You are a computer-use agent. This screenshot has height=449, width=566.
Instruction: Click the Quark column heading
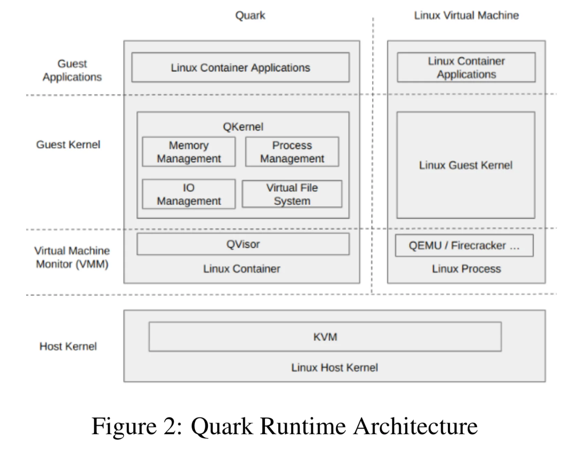(250, 15)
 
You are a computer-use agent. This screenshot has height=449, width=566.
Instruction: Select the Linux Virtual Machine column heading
(466, 15)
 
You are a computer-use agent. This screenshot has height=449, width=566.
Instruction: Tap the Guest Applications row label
(72, 70)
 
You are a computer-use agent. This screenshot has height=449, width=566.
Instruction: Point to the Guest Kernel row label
(68, 145)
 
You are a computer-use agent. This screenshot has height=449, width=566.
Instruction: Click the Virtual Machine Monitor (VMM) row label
(72, 258)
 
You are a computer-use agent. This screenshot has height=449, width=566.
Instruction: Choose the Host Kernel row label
(68, 346)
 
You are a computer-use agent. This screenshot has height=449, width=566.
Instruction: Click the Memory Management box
(189, 152)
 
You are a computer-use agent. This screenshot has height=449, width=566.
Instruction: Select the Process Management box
(292, 152)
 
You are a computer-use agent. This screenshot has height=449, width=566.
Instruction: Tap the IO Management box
(189, 194)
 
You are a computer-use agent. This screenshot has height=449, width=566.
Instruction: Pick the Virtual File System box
(292, 194)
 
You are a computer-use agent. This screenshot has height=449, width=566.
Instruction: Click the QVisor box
(243, 244)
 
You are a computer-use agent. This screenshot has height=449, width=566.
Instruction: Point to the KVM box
(325, 337)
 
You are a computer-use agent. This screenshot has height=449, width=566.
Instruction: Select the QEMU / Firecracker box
(464, 245)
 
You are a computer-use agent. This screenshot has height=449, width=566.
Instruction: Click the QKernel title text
(243, 127)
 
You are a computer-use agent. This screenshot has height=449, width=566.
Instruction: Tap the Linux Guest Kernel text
(466, 165)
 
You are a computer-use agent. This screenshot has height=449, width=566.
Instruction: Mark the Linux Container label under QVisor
(242, 269)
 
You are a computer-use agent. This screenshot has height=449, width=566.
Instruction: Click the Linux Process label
(466, 269)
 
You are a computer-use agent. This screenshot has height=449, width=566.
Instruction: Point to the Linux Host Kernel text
(335, 367)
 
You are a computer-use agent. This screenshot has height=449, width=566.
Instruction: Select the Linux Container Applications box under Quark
(241, 68)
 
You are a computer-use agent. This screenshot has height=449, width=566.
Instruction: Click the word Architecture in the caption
(415, 426)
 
